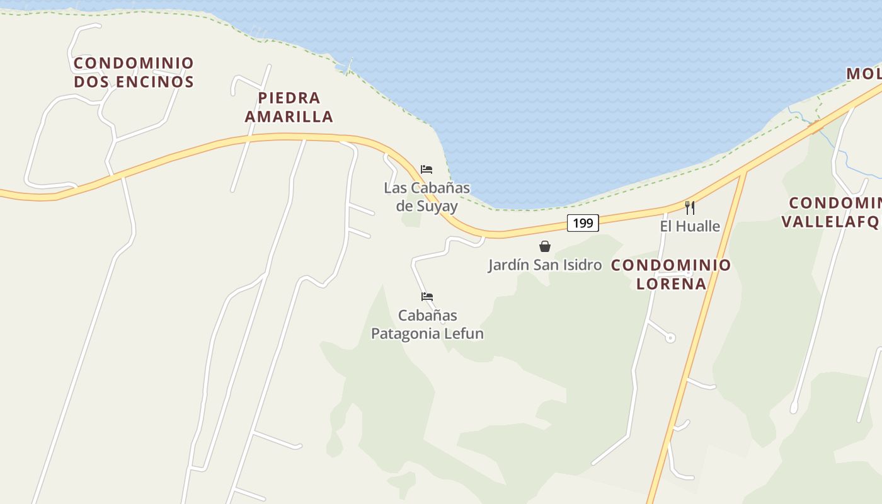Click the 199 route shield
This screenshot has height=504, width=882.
point(583,222)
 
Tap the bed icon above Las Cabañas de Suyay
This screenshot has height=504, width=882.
point(427,169)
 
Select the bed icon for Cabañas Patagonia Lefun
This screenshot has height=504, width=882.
point(427,297)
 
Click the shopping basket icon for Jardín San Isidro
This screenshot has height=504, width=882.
point(545,246)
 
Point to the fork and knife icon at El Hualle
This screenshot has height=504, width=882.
point(690,207)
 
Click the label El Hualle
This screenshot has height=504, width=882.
point(690,226)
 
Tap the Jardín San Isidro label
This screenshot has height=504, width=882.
point(545,265)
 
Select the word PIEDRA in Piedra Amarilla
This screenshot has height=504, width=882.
point(289,98)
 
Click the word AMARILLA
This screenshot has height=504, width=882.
point(289,117)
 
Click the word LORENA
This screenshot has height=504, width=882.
point(671,283)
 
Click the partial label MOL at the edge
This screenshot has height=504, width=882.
point(864,74)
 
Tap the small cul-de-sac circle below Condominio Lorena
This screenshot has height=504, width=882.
point(670,338)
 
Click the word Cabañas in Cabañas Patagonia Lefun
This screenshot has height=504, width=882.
point(427,315)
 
